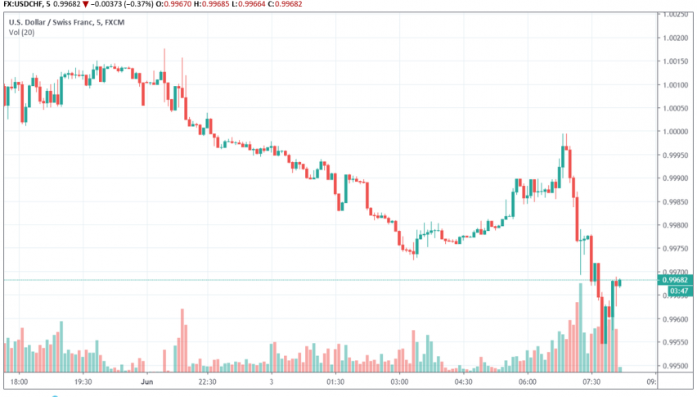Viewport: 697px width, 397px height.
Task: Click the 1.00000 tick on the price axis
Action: [677, 132]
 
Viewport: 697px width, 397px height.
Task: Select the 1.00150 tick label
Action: [677, 61]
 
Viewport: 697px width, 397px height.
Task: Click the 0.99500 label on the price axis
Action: [677, 367]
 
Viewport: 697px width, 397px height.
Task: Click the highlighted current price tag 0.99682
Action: [677, 279]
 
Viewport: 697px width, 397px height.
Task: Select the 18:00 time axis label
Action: [20, 381]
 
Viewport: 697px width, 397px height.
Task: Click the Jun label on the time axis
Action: [147, 381]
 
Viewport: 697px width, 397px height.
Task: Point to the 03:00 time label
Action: [400, 381]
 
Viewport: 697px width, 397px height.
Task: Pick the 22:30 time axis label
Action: [208, 381]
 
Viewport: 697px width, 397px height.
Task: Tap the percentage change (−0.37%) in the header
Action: [141, 5]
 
